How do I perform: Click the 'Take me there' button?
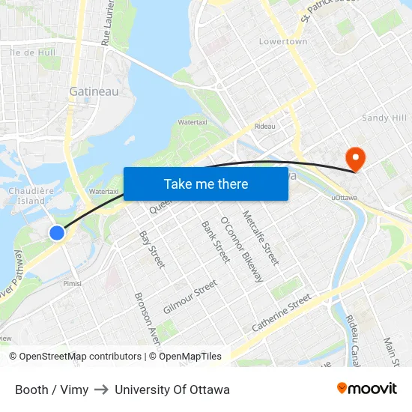coord(206,184)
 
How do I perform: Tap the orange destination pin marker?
coord(354,158)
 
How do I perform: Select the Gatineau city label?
coord(94,91)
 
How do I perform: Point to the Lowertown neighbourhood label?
coord(283,42)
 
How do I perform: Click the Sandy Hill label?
coord(384,118)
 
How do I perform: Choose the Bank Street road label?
coord(215,241)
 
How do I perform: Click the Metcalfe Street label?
coord(261,237)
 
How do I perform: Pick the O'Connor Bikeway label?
coord(241,250)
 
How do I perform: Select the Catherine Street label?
coord(281,313)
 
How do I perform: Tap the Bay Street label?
coord(152,249)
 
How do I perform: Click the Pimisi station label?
coord(72,283)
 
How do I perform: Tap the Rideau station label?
coord(264,126)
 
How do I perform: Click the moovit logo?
coord(366,388)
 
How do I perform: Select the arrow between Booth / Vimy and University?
coord(101,390)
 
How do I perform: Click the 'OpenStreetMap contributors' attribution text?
coord(80,357)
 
